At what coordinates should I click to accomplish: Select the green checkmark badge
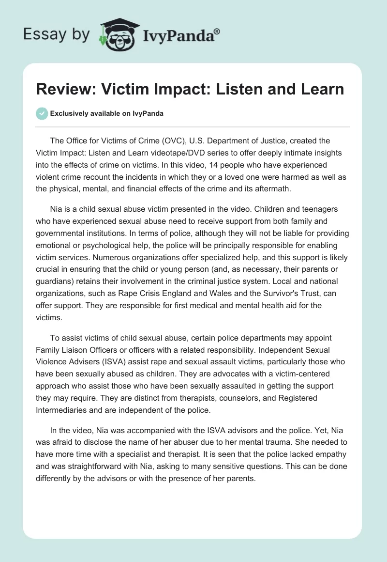click(x=42, y=113)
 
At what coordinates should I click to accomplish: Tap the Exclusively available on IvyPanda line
click(x=107, y=114)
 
